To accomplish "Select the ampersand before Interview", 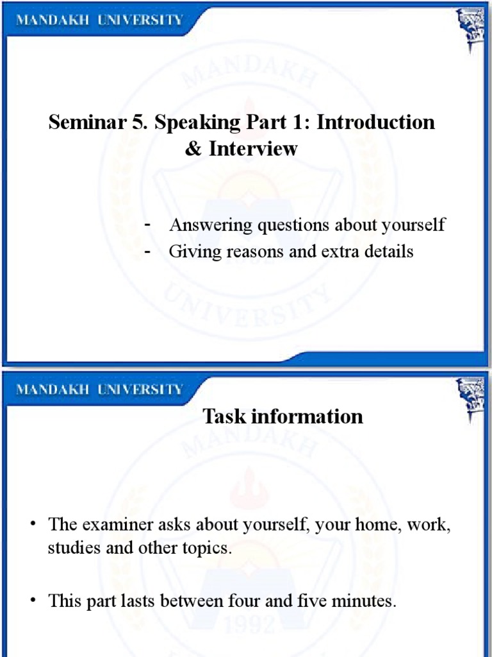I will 193,149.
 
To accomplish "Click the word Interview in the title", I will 252,149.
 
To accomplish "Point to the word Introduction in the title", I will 375,122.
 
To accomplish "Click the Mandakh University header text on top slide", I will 99,19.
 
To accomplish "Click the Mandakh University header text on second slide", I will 99,389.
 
